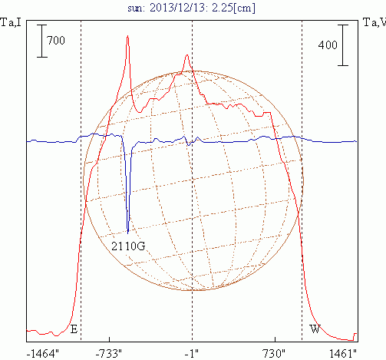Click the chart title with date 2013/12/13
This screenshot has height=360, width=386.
pyautogui.click(x=191, y=8)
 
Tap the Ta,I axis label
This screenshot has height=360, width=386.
pyautogui.click(x=11, y=22)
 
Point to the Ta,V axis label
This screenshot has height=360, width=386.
pyautogui.click(x=374, y=22)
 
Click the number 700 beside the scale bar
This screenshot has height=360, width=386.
pyautogui.click(x=56, y=41)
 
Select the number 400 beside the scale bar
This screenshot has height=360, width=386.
pyautogui.click(x=328, y=45)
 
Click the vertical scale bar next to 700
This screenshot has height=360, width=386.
pyautogui.click(x=42, y=41)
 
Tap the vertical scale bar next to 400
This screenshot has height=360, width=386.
pyautogui.click(x=343, y=45)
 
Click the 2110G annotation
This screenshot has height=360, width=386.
pyautogui.click(x=128, y=246)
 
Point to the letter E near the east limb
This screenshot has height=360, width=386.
pyautogui.click(x=74, y=329)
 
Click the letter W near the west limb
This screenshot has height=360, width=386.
pyautogui.click(x=315, y=329)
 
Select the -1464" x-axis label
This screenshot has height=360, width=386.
pyautogui.click(x=43, y=354)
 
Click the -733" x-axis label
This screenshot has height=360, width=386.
pyautogui.click(x=108, y=354)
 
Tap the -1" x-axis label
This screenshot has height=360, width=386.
pyautogui.click(x=192, y=354)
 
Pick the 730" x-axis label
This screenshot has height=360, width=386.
pyautogui.click(x=274, y=354)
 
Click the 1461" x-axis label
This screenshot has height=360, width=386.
pyautogui.click(x=343, y=354)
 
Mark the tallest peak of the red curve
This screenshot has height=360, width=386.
pyautogui.click(x=127, y=36)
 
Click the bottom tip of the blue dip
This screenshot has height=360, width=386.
pyautogui.click(x=128, y=233)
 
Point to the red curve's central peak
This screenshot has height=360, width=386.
pyautogui.click(x=187, y=54)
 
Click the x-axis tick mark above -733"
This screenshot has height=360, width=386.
pyautogui.click(x=110, y=339)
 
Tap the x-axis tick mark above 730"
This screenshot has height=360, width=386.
pyautogui.click(x=275, y=339)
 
